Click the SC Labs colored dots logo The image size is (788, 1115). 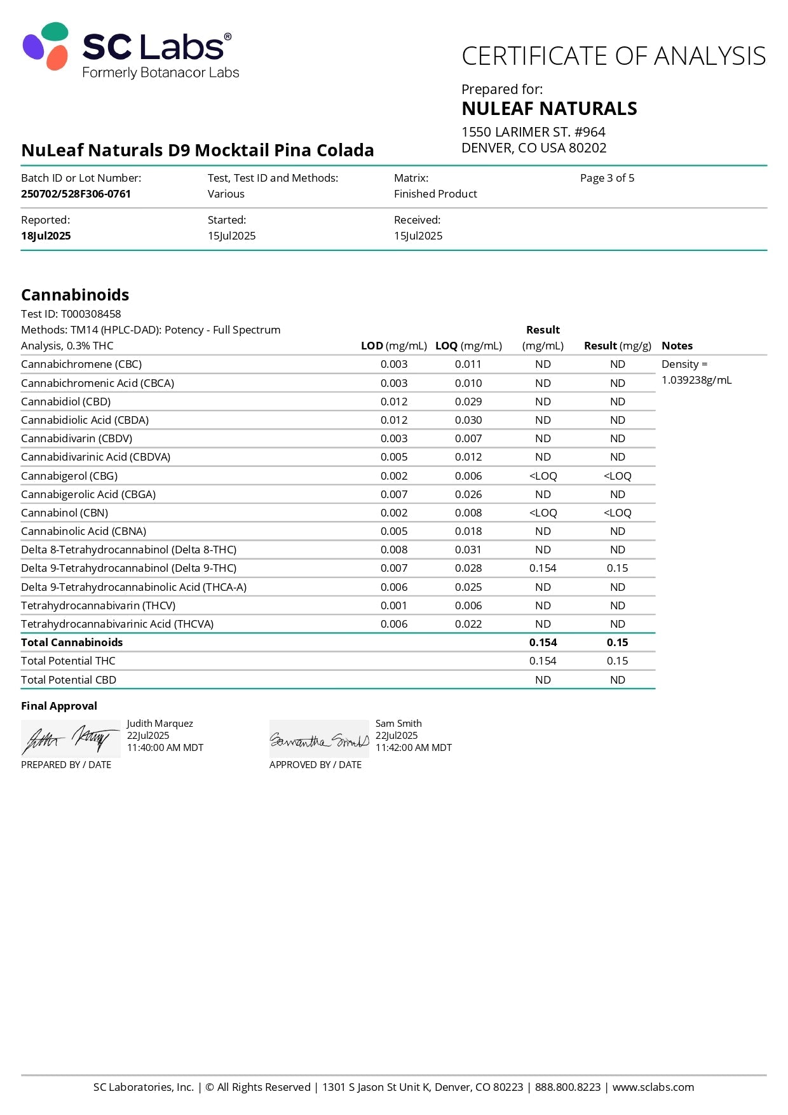click(x=46, y=46)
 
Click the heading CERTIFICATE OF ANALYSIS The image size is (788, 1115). click(x=613, y=56)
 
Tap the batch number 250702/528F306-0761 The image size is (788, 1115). click(x=76, y=194)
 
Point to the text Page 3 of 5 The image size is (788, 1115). click(x=607, y=178)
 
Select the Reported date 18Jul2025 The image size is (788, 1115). click(x=46, y=236)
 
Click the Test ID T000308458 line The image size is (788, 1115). click(x=71, y=314)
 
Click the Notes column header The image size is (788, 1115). click(x=677, y=346)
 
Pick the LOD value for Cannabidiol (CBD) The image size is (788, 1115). click(x=394, y=402)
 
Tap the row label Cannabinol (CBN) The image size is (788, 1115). click(x=64, y=513)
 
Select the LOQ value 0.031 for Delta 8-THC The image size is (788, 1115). click(x=468, y=550)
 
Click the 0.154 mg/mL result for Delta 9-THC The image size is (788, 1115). click(x=543, y=568)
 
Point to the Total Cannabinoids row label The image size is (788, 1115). click(x=72, y=642)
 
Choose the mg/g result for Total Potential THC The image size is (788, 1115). click(x=617, y=661)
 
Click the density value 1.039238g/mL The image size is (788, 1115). click(x=696, y=380)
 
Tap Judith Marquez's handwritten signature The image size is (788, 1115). click(x=70, y=739)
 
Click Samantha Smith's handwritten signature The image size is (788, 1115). click(x=319, y=740)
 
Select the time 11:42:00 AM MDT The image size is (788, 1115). click(x=413, y=748)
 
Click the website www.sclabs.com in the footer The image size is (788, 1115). click(x=653, y=1087)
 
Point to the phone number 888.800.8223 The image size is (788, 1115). click(x=567, y=1087)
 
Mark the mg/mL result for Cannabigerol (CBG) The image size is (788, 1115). click(x=543, y=476)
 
